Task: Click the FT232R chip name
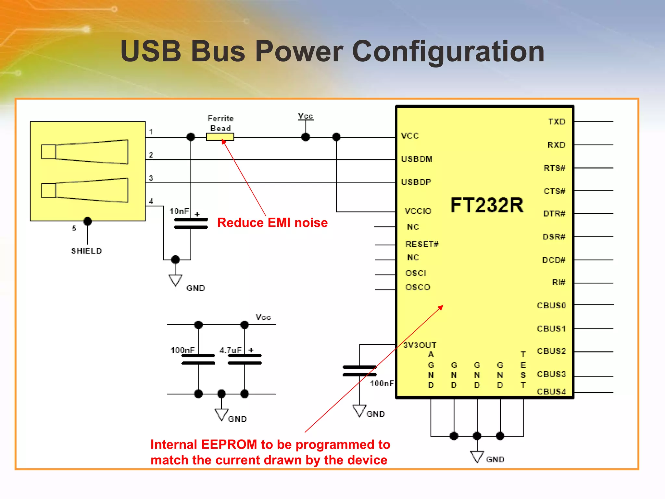pos(487,205)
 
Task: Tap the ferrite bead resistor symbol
pos(220,137)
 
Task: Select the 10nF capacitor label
pos(179,211)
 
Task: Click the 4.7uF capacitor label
pos(230,350)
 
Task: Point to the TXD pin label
pos(557,122)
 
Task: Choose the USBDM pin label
pos(417,159)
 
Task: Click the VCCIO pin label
pos(418,211)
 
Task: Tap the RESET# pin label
pos(422,244)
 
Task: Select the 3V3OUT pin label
pos(420,345)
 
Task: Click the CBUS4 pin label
pos(551,391)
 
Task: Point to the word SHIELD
pos(86,251)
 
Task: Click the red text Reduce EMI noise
pos(272,223)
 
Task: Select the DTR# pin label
pos(554,213)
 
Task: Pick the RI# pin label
pos(558,282)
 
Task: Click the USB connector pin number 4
pos(151,201)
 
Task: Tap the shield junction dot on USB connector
pos(87,221)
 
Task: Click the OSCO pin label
pos(418,287)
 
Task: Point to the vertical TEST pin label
pos(523,370)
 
